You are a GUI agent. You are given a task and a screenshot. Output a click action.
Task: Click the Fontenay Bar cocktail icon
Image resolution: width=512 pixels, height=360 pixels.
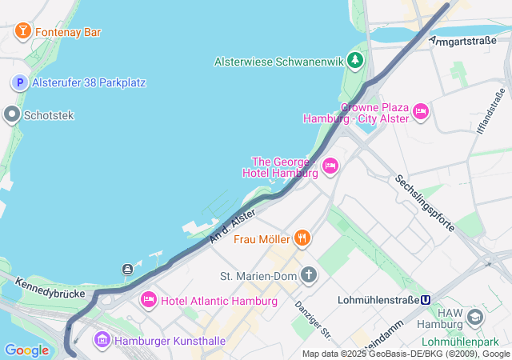tap(22, 32)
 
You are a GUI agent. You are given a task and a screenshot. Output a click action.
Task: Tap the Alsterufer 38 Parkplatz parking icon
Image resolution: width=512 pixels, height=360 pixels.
tap(19, 82)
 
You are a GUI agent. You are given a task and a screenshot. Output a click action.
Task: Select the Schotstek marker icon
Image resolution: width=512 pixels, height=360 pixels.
tap(11, 115)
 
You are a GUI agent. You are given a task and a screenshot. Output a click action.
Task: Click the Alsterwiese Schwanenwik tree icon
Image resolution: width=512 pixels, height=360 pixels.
tap(354, 61)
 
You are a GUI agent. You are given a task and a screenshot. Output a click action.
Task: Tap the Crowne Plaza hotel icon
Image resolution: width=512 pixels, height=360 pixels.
tap(421, 112)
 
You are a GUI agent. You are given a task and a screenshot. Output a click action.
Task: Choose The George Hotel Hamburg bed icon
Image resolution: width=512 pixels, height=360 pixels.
tap(330, 166)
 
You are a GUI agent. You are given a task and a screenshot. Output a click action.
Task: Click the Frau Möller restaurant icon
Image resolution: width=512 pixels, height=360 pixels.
tap(302, 238)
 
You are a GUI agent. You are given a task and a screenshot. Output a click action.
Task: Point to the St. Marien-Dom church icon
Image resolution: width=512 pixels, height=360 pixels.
tap(309, 276)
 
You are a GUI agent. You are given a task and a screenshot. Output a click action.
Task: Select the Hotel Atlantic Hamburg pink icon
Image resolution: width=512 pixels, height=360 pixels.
tap(148, 300)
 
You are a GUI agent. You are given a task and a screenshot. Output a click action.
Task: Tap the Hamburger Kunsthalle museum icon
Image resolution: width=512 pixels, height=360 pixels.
tap(102, 340)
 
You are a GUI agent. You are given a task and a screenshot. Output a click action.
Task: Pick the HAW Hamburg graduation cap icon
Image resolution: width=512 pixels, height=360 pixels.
tap(474, 318)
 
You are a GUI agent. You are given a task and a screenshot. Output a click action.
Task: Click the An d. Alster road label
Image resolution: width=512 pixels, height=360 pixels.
tap(233, 226)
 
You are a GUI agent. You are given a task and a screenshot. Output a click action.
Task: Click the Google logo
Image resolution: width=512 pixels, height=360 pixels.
tap(26, 350)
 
